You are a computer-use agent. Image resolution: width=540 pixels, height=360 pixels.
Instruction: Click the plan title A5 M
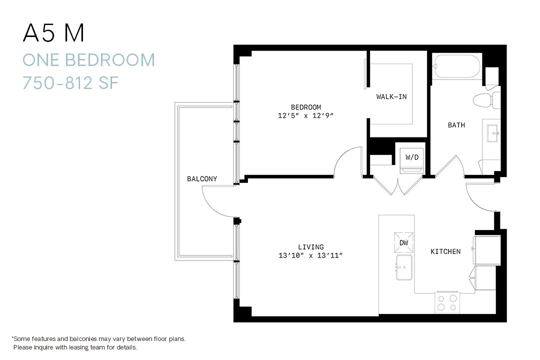(x=53, y=33)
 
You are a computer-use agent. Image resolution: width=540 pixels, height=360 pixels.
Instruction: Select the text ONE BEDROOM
(x=88, y=60)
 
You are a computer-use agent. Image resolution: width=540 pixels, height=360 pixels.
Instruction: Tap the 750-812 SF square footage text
(x=70, y=82)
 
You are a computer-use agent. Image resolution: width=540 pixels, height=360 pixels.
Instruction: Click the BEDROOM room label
(x=306, y=107)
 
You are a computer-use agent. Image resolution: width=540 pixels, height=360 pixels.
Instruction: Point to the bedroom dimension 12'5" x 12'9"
(x=306, y=115)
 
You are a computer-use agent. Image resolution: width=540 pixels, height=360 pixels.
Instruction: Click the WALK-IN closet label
(x=391, y=96)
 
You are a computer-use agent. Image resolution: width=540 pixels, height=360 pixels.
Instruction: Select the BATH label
(x=456, y=125)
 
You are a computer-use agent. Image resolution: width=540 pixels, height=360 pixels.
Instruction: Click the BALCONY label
(x=202, y=178)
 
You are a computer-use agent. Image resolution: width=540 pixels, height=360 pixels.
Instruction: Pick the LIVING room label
(x=310, y=246)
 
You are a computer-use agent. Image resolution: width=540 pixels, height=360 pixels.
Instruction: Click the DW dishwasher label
(x=403, y=242)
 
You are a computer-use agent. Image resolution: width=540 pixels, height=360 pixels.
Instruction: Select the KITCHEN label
(x=445, y=251)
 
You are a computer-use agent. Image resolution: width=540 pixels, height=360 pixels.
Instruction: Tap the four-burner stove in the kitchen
(x=447, y=302)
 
